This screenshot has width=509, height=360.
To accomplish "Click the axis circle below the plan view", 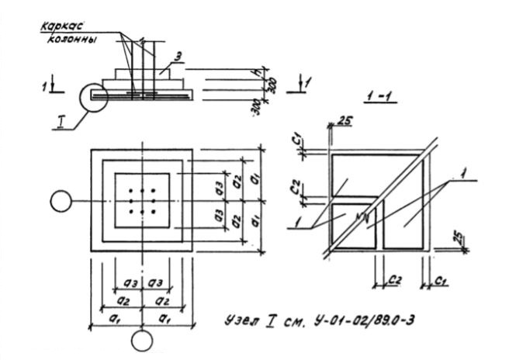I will [142, 340].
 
